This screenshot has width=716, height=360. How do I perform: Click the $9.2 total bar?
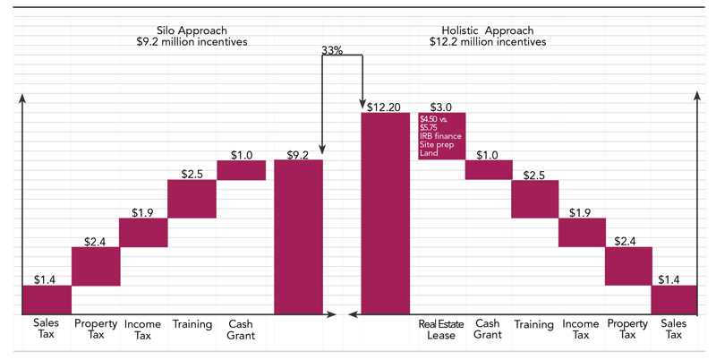click(298, 236)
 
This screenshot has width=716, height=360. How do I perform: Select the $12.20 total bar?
click(384, 213)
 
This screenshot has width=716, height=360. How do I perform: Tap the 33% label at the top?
click(331, 51)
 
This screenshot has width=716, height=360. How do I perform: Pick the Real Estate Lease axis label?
click(441, 330)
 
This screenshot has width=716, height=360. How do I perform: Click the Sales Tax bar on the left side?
click(47, 299)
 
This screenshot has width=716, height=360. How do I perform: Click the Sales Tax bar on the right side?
click(675, 299)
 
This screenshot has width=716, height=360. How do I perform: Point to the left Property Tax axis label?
click(96, 330)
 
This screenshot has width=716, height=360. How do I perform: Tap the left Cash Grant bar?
click(241, 170)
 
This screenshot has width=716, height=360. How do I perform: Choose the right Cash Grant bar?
click(488, 170)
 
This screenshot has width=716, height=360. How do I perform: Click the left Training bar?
click(192, 199)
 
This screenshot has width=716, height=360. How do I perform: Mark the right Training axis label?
click(534, 324)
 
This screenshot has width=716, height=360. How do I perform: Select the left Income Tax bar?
click(143, 233)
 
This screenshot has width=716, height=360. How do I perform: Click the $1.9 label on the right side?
click(581, 212)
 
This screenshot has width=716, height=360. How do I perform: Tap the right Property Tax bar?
click(628, 266)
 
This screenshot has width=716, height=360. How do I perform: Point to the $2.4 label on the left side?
click(96, 241)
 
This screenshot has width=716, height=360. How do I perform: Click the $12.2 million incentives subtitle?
click(488, 41)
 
